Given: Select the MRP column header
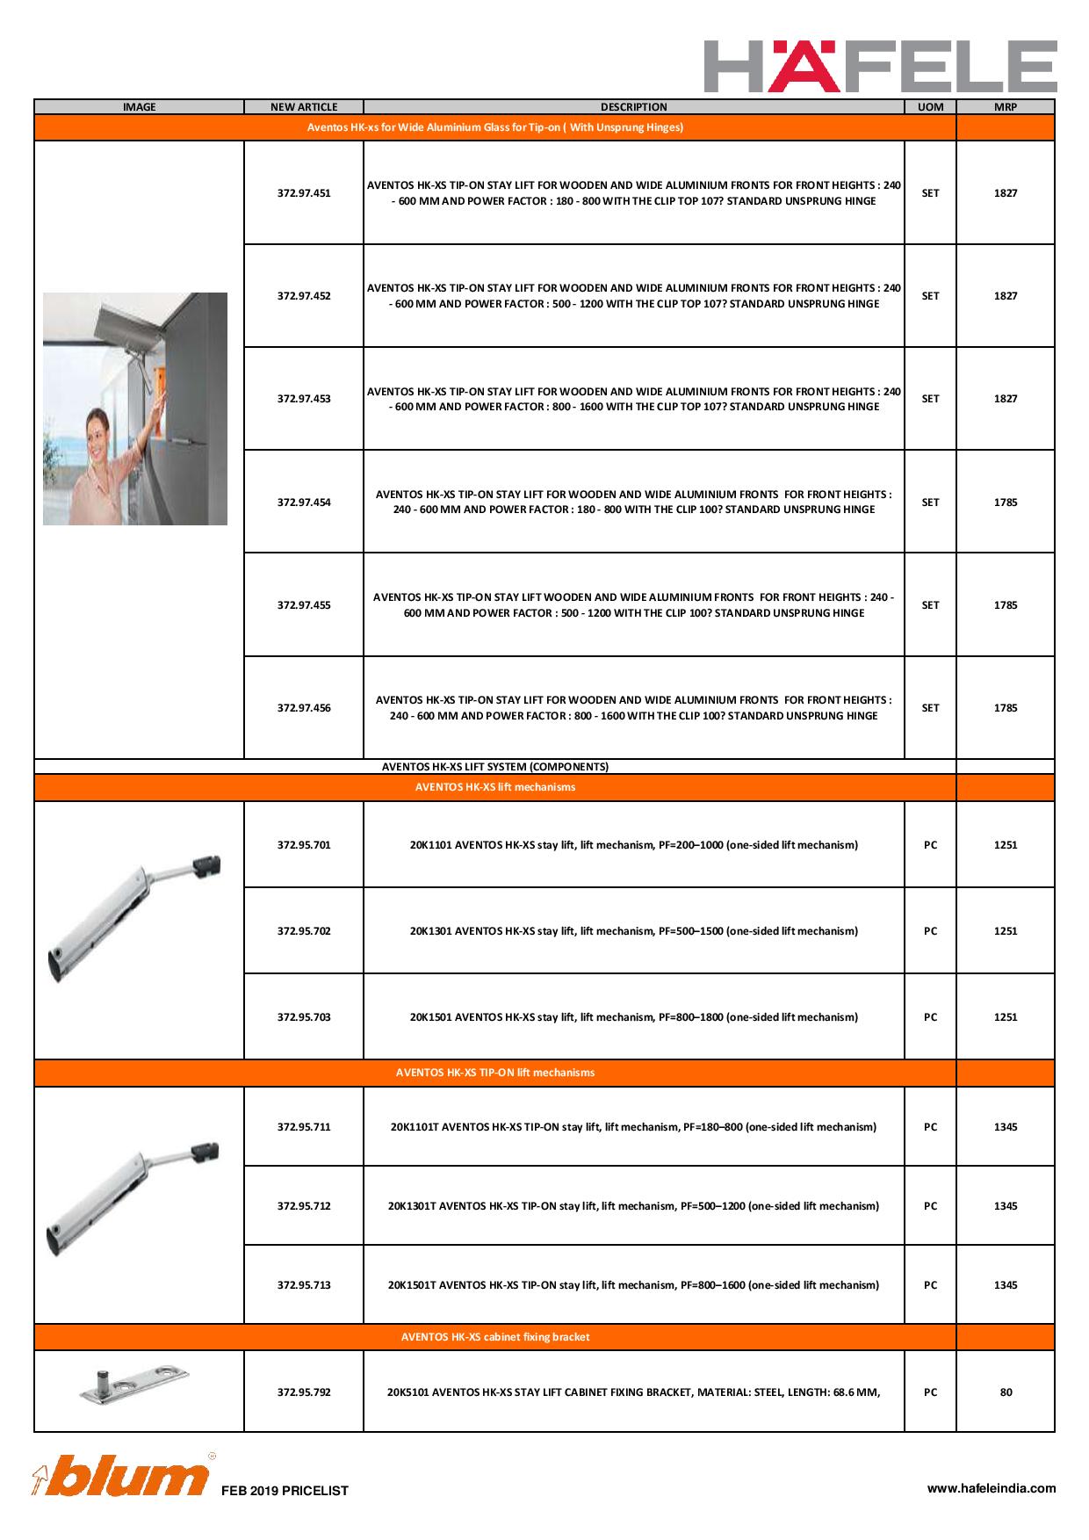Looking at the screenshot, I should coord(1005,107).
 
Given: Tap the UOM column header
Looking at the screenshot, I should coord(930,107).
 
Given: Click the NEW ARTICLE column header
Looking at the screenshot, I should coord(304,107).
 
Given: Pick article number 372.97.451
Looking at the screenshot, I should coord(304,193).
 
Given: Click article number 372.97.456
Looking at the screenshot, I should coord(304,708).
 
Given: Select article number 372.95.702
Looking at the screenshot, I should coord(304,931).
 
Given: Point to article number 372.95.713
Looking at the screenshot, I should coord(304,1285).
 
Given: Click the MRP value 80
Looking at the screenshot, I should coord(1006,1392).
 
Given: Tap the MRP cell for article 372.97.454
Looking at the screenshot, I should coord(1006,502).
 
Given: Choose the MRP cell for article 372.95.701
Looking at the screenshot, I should coord(1006,845).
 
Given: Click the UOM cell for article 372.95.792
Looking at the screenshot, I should coord(930,1392).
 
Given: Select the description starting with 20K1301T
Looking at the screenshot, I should coord(633,1206).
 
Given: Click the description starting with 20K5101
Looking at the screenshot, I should coord(633,1392).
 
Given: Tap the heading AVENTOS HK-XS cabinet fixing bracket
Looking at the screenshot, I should coord(495,1337).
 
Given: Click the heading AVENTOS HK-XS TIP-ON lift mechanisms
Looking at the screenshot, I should coord(495,1073).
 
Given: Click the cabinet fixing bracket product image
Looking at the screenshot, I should coord(134,1385).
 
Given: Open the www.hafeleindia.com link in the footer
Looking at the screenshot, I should coord(992,1488).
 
